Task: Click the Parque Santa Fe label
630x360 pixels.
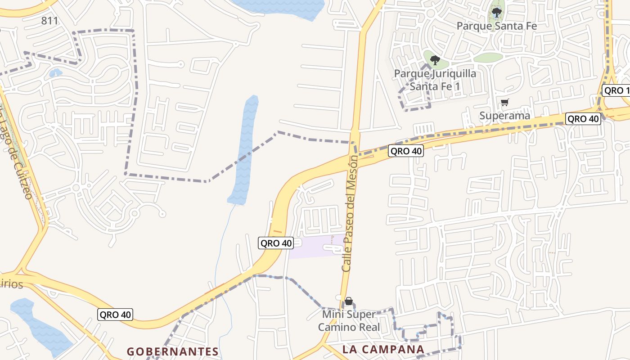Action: click(497, 26)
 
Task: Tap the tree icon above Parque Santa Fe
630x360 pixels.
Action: click(497, 12)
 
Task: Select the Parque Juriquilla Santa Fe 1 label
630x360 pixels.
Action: click(435, 80)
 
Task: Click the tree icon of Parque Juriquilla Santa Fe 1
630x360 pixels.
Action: click(435, 60)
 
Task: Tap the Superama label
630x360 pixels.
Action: click(504, 116)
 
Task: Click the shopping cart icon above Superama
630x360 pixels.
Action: click(505, 103)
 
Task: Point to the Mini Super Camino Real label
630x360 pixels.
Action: click(349, 320)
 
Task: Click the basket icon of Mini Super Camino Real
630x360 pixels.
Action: click(349, 301)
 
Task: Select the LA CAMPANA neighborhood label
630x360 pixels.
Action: click(383, 349)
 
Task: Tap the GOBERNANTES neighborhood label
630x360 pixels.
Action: click(173, 351)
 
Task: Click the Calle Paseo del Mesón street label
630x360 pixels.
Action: click(350, 213)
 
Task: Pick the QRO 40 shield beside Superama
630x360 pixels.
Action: click(583, 119)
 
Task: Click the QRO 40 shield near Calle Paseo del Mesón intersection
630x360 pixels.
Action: click(406, 151)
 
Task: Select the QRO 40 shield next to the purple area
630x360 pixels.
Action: click(276, 243)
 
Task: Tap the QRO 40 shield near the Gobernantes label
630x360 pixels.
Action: click(115, 315)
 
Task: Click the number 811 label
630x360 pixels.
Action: click(49, 21)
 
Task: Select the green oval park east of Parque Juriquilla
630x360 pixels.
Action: click(488, 58)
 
